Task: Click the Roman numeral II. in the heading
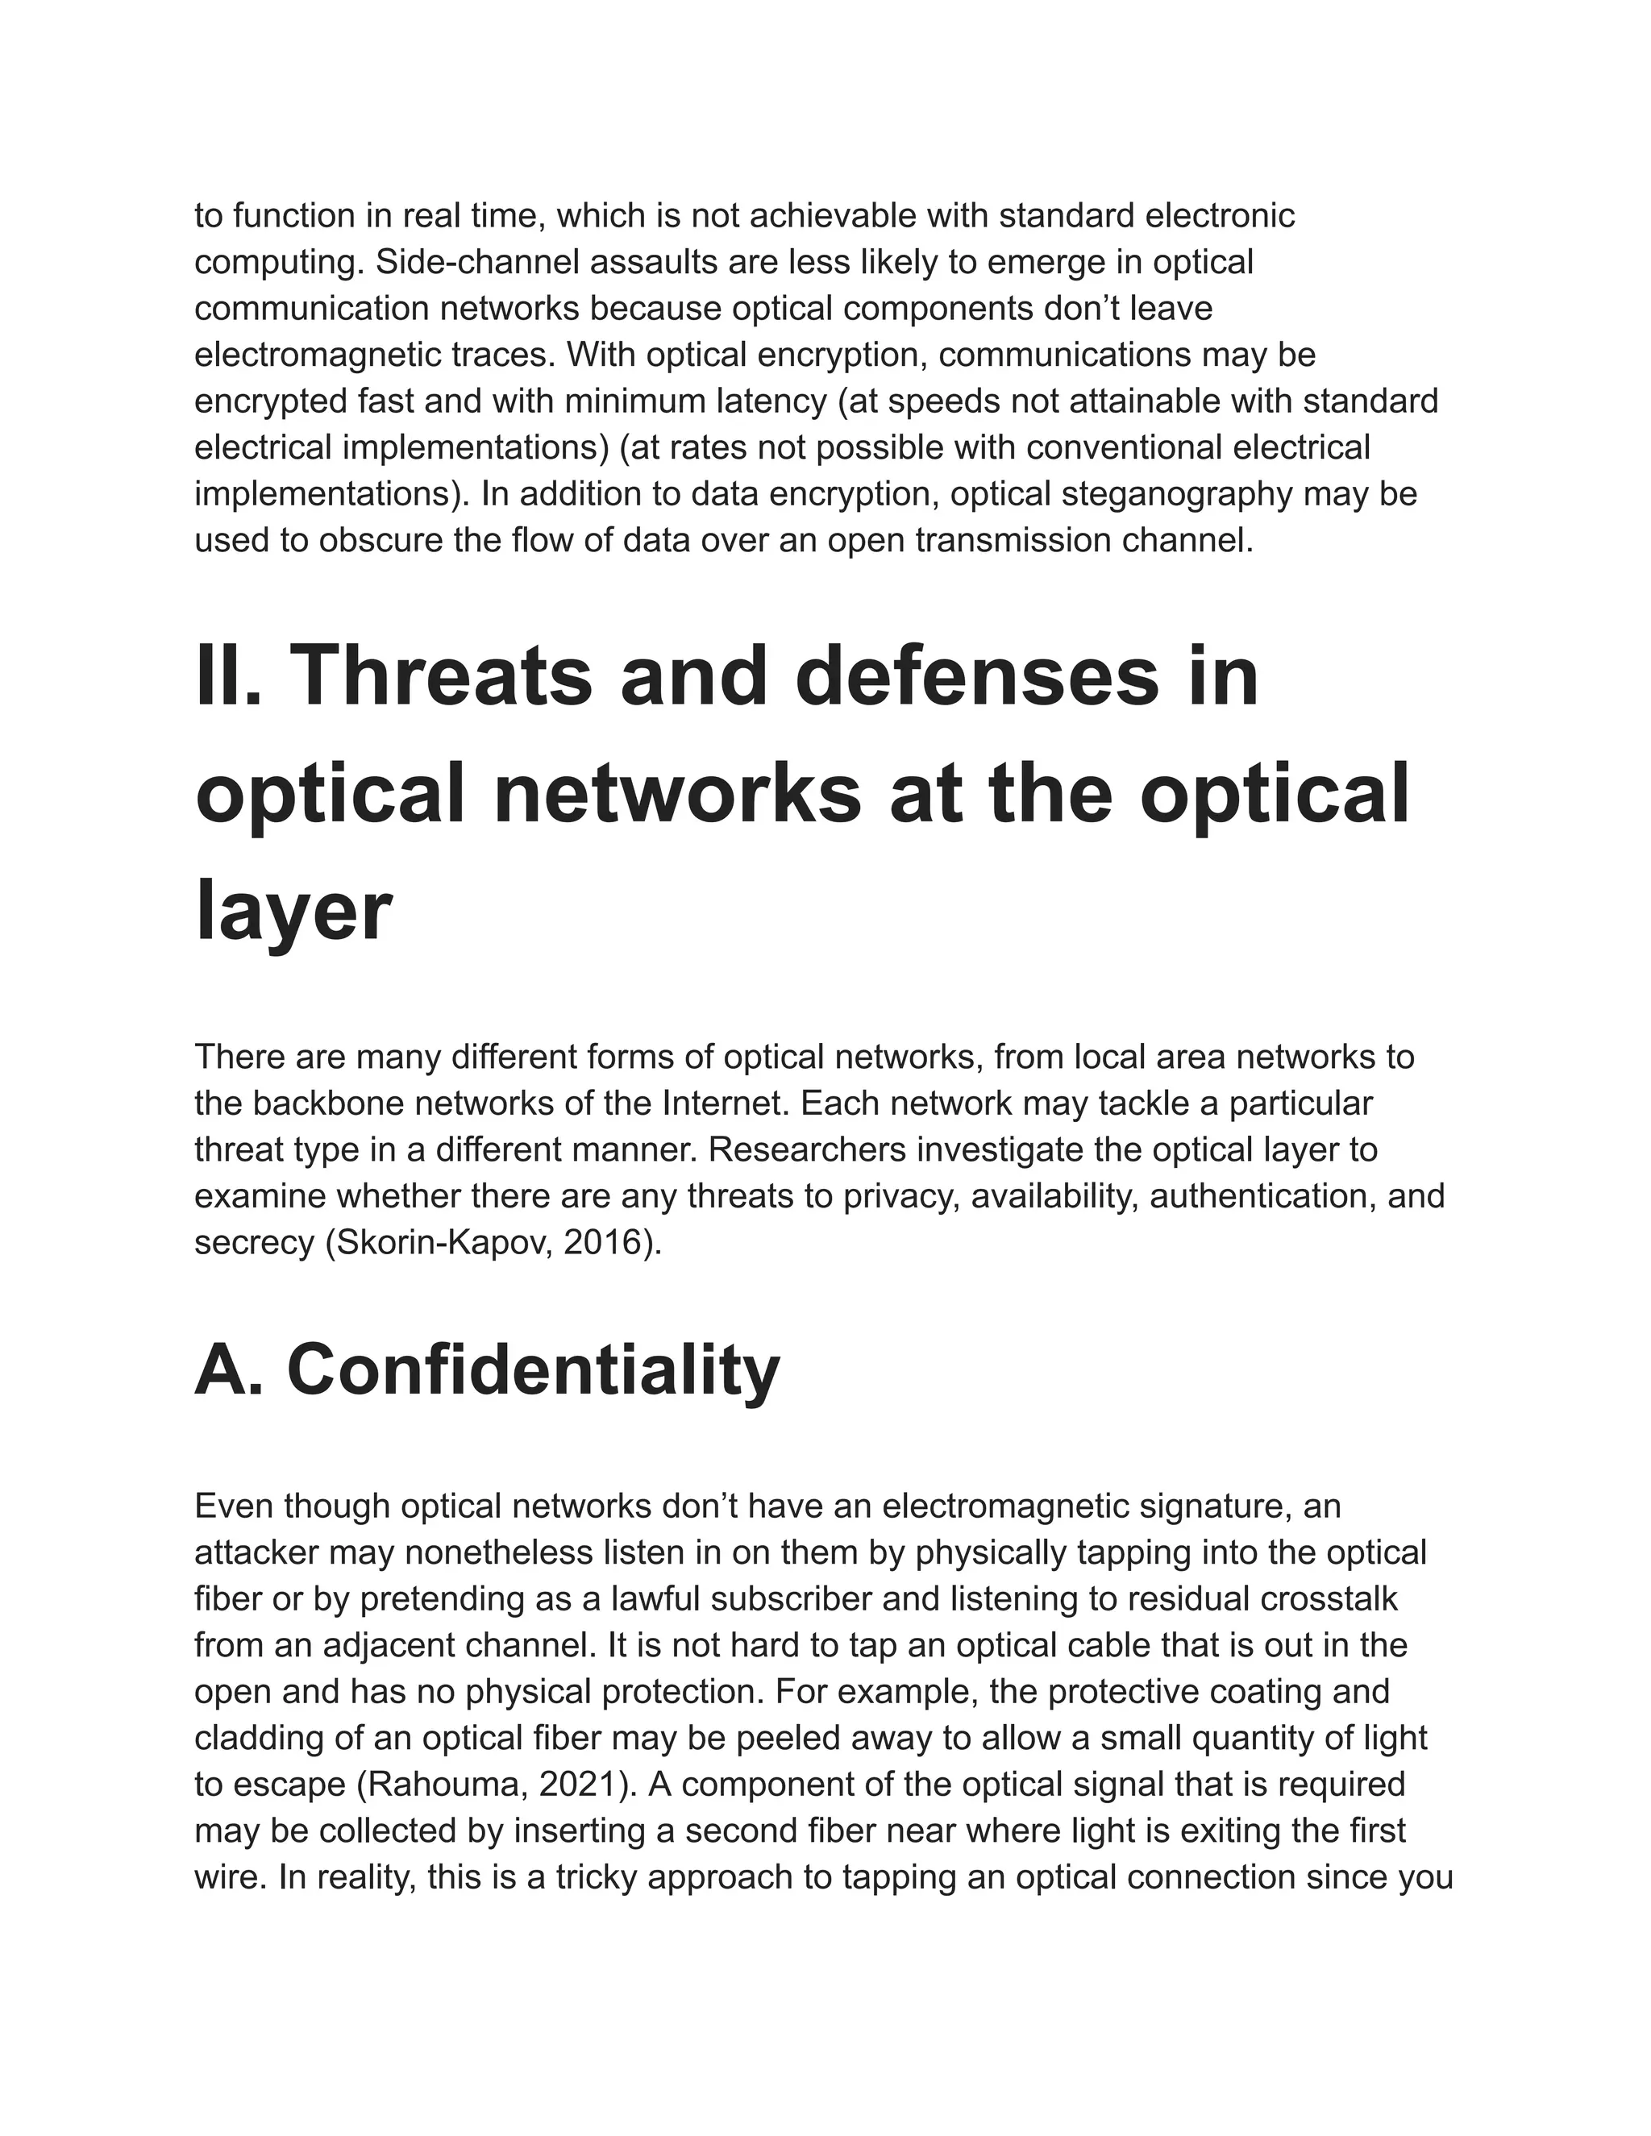pyautogui.click(x=229, y=677)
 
